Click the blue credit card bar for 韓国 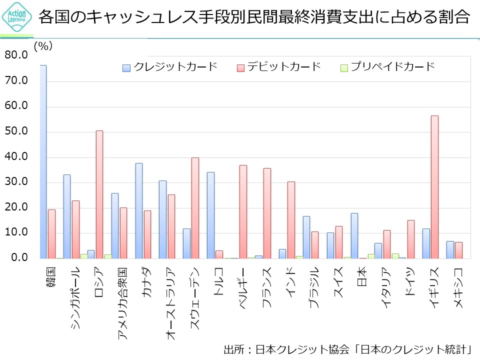43,161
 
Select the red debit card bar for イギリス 434,187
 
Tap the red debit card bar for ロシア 99,194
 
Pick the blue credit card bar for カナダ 138,210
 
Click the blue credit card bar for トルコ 210,215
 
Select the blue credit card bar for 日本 354,235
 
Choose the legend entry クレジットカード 170,66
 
